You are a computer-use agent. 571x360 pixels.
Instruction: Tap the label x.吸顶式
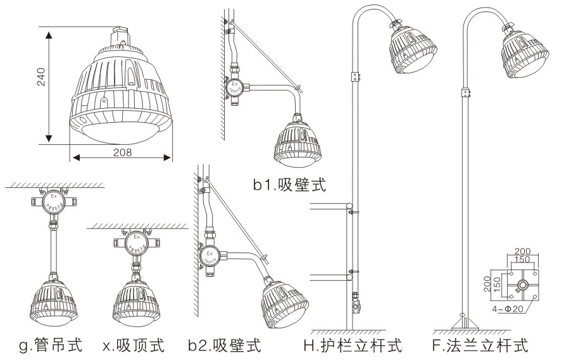(x=134, y=346)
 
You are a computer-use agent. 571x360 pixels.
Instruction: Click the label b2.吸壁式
(x=225, y=346)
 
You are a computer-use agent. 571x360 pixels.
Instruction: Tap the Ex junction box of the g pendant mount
(x=54, y=202)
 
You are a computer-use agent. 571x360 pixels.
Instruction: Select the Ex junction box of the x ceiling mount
(x=136, y=243)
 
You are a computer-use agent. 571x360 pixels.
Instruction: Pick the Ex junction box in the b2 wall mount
(x=209, y=256)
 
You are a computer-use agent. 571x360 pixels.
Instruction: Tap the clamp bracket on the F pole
(x=466, y=93)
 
